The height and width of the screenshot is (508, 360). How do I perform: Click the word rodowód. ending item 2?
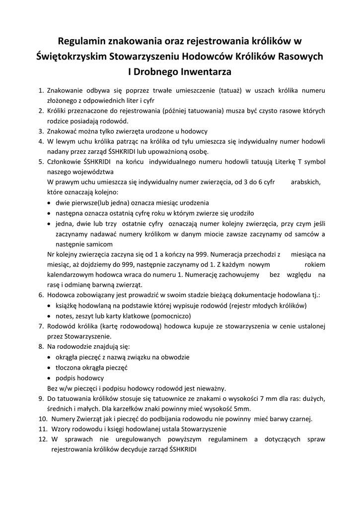pyautogui.click(x=115, y=121)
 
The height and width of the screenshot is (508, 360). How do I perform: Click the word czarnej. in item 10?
pyautogui.click(x=298, y=419)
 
